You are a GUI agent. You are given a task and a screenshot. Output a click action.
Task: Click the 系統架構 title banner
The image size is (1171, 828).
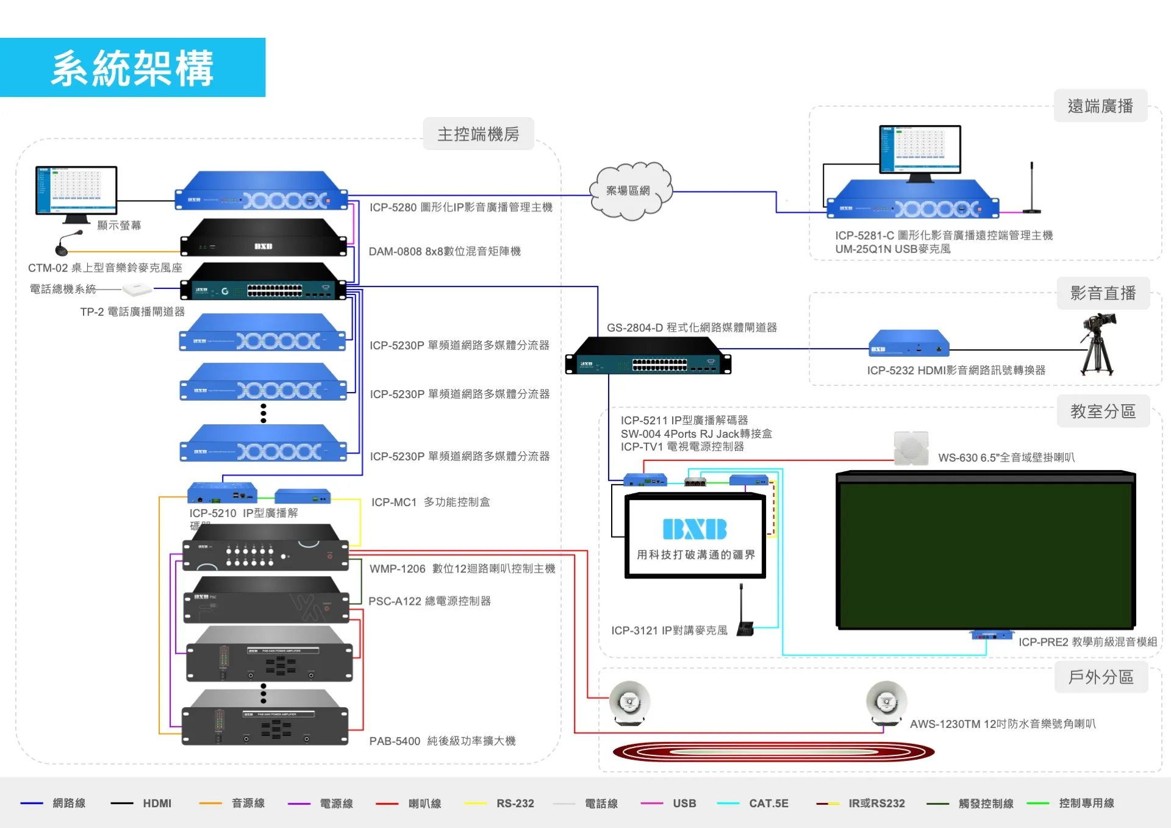(132, 68)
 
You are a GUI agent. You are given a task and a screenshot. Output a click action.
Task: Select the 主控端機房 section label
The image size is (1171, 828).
(478, 134)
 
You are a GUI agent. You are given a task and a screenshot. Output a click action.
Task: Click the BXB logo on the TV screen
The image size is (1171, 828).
(695, 529)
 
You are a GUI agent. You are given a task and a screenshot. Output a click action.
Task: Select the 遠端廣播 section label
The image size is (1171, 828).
(1100, 106)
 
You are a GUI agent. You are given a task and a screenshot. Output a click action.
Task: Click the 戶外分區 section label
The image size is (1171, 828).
(1101, 677)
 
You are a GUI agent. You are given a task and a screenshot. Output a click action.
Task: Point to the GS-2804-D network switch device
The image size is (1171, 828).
(648, 356)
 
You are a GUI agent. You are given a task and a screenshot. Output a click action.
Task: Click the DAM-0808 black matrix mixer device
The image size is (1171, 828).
(263, 238)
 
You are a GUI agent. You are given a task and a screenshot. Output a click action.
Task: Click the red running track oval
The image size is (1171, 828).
(773, 752)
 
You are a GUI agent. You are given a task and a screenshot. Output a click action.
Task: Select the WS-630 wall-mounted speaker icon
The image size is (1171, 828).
(911, 449)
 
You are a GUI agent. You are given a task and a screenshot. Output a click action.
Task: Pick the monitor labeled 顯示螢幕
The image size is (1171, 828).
(76, 193)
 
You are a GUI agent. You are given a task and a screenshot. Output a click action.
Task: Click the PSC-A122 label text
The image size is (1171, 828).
(429, 601)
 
